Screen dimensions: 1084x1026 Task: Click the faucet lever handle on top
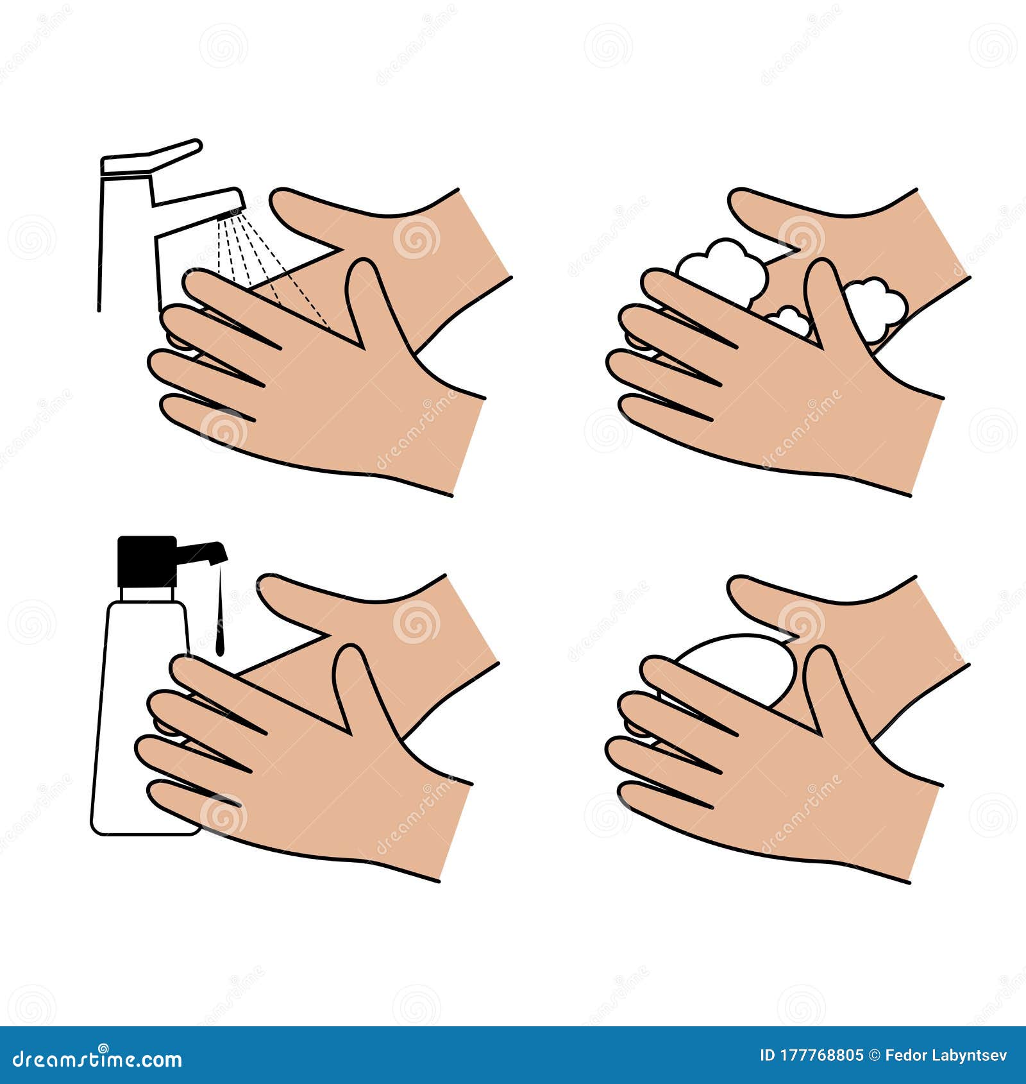point(154,157)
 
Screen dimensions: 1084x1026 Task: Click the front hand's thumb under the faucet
point(372,301)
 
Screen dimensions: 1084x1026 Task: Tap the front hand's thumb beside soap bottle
point(359,686)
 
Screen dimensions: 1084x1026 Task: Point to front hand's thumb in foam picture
point(830,301)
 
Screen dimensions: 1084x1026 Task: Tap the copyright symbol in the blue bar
point(874,1055)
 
